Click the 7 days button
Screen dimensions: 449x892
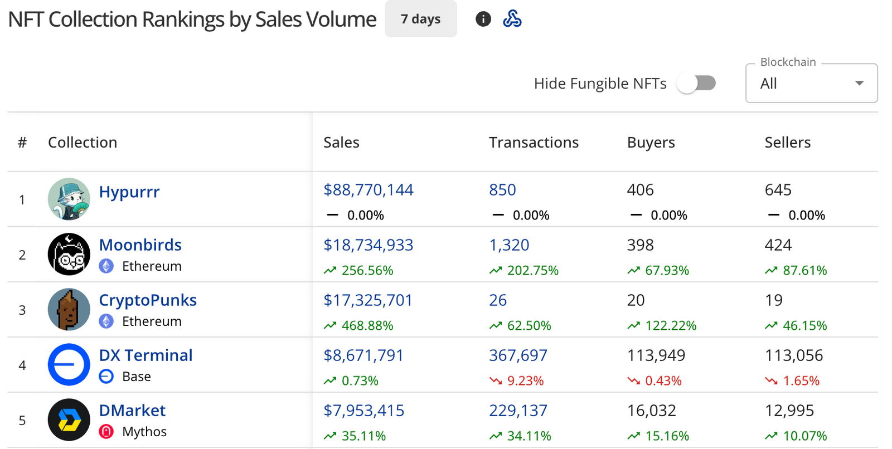420,19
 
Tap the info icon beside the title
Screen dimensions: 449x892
483,19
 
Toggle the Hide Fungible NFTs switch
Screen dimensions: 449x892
696,84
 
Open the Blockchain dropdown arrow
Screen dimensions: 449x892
859,84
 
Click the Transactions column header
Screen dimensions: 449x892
534,143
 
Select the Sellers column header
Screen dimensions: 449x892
787,143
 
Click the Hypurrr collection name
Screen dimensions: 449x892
129,192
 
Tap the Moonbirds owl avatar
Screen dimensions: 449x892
69,255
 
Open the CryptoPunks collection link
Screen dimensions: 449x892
148,300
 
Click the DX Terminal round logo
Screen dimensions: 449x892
69,365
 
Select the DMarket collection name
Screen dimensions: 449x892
132,411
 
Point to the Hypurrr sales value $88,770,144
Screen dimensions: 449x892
368,190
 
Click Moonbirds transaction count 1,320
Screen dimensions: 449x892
509,245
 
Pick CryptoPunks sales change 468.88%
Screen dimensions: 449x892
367,326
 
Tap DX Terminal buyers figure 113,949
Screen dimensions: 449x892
656,355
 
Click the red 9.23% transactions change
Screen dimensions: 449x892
525,381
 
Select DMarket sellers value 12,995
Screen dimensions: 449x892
789,411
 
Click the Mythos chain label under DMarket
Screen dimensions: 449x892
144,432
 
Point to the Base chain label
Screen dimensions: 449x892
136,377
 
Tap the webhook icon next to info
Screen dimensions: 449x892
512,19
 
